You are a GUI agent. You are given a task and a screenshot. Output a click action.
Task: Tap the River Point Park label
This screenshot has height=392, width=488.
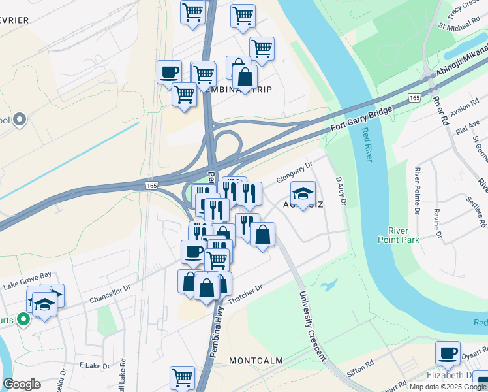click(x=407, y=235)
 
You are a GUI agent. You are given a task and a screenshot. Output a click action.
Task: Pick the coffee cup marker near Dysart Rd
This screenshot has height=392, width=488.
click(x=448, y=353)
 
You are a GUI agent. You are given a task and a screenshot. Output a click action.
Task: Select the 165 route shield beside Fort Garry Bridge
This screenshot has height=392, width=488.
click(x=414, y=97)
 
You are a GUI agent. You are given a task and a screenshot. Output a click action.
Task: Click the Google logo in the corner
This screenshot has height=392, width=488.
click(x=22, y=384)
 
